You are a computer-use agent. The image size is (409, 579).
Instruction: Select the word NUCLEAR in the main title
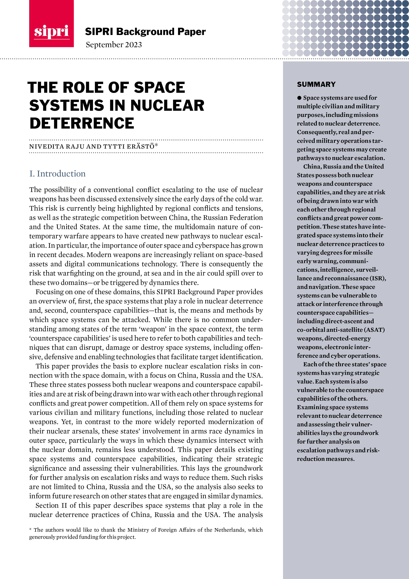(x=167, y=105)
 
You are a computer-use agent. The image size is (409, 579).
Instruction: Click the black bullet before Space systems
(x=299, y=98)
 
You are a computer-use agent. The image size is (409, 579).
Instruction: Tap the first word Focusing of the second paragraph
(x=49, y=292)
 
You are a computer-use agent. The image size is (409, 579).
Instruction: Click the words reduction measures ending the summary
(x=326, y=459)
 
